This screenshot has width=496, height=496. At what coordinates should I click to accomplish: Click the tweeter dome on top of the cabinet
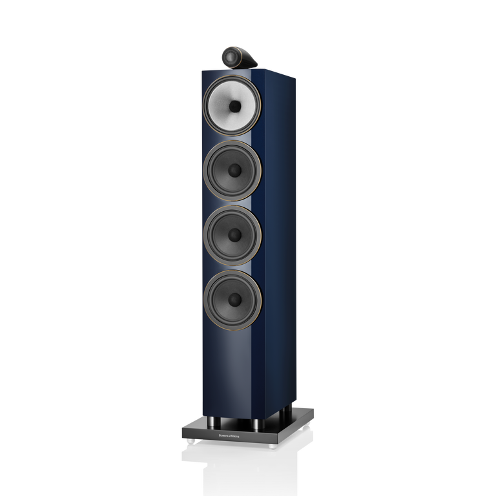(x=231, y=54)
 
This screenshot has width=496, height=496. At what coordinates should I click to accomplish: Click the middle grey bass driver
(x=234, y=235)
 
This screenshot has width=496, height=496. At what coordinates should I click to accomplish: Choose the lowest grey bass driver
(x=235, y=299)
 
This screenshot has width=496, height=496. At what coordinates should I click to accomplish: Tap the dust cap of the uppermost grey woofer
(x=235, y=170)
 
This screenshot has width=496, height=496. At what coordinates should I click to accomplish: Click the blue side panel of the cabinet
(x=284, y=245)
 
